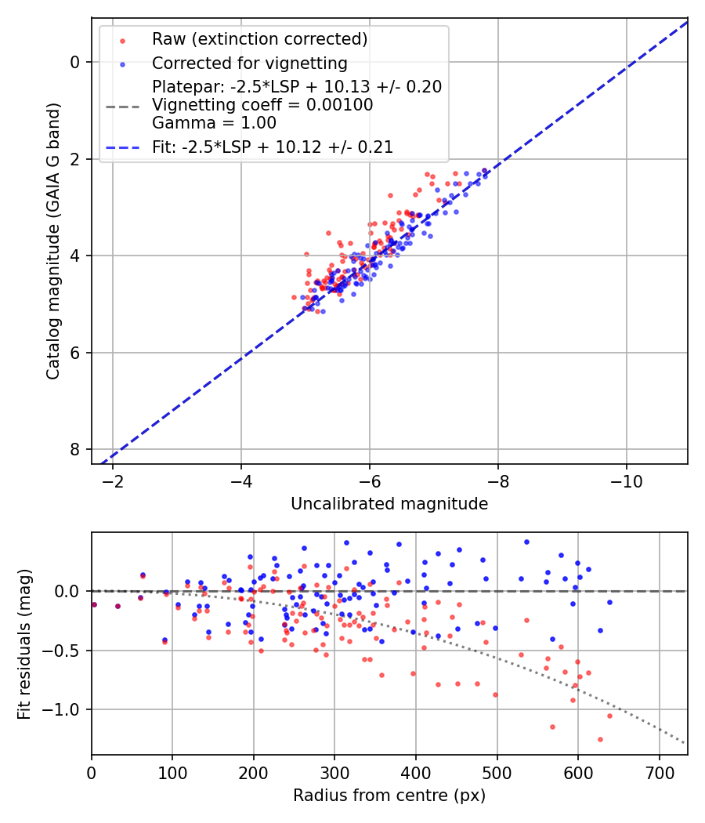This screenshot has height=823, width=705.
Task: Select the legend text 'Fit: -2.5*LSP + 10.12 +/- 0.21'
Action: (x=273, y=146)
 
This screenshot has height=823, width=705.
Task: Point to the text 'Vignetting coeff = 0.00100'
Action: (x=262, y=105)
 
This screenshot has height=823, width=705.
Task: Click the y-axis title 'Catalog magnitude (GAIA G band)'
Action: (x=52, y=256)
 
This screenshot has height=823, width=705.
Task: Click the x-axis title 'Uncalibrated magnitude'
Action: (x=389, y=504)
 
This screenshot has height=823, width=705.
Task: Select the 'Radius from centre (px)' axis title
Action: (x=389, y=796)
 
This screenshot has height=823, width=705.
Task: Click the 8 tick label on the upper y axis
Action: (x=76, y=449)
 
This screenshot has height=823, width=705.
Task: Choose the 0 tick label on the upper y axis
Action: (x=76, y=62)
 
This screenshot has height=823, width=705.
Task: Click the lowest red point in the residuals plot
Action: (x=600, y=739)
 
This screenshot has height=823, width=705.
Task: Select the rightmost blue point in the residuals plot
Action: (x=609, y=602)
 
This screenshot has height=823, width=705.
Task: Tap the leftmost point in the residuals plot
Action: (x=94, y=604)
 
